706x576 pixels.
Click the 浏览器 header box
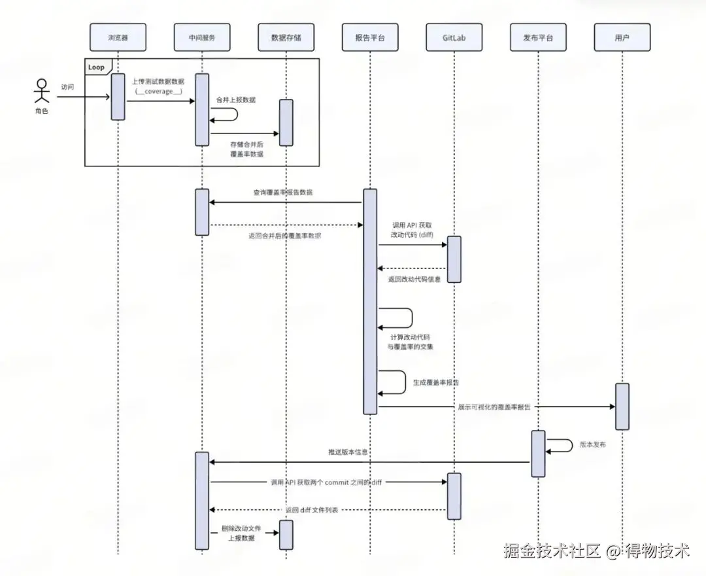118,37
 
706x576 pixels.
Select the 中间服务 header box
201,37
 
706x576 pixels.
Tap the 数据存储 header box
286,37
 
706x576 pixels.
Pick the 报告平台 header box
369,37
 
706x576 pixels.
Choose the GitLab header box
454,37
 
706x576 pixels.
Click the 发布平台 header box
538,37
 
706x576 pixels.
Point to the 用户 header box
622,37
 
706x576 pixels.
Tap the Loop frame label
97,67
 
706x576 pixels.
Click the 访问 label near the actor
68,86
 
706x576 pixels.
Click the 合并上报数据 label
236,100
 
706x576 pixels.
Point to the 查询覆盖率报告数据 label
282,192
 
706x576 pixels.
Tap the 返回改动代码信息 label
414,279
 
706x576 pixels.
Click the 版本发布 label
593,444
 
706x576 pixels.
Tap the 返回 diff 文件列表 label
311,510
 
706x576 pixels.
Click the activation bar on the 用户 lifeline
622,406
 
